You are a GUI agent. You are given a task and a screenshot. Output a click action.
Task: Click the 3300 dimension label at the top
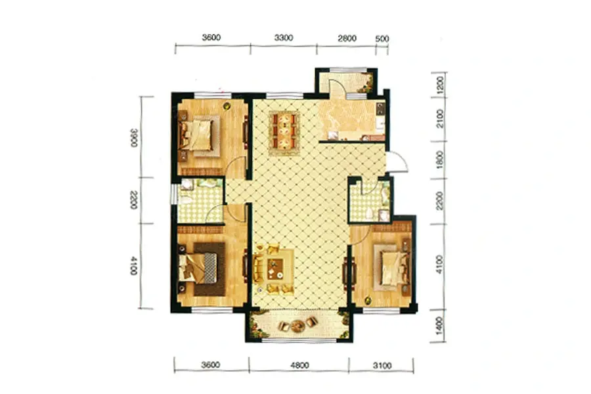point(284,37)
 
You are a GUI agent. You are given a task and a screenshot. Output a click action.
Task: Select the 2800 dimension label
point(347,38)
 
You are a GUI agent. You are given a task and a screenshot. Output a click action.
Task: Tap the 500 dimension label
point(382,39)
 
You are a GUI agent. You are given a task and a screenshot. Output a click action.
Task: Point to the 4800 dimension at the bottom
point(299,365)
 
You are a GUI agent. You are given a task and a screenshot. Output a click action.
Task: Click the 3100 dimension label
point(382,365)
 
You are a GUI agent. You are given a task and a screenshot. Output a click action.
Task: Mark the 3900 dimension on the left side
point(134,138)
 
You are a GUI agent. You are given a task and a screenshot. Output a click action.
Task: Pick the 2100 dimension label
point(440,119)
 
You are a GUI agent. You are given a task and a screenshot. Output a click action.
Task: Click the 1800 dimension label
point(440,160)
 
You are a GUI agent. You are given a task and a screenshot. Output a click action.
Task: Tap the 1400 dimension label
point(439,326)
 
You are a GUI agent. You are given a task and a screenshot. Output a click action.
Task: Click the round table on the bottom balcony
point(297,325)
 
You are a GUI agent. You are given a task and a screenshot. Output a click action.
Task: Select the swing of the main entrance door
point(398,161)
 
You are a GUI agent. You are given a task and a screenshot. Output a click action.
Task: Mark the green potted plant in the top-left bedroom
point(226,106)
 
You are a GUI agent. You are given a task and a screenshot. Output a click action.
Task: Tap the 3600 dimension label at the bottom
point(210,364)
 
